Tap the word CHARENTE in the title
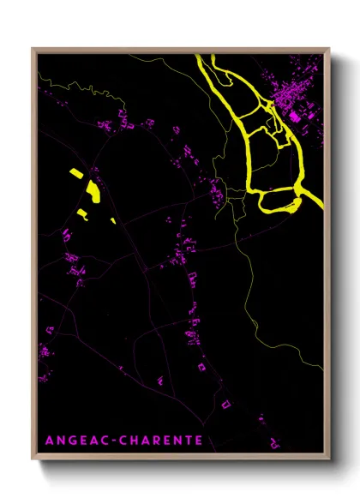tap(161, 441)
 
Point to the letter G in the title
tap(71, 441)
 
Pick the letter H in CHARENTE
tap(134, 441)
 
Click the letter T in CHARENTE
tap(189, 441)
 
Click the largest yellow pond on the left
tap(91, 191)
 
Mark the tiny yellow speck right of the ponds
tap(113, 220)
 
